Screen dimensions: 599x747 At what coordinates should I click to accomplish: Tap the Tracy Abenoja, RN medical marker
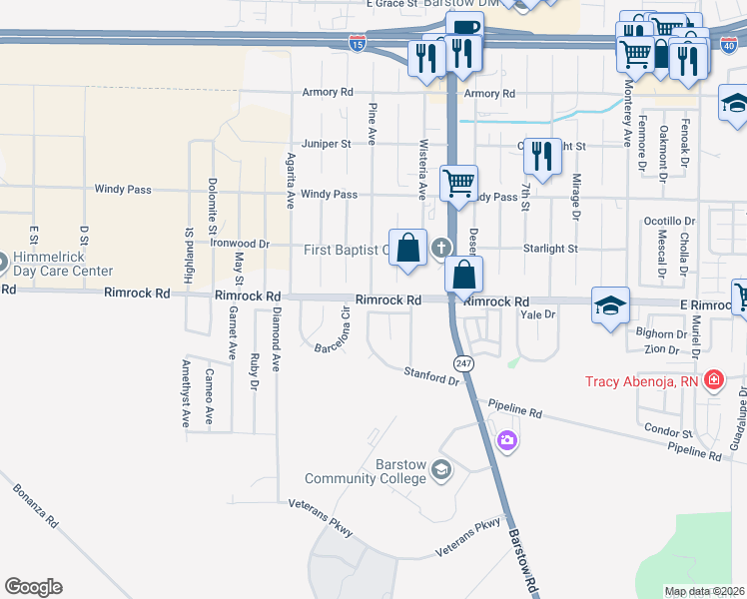pos(713,379)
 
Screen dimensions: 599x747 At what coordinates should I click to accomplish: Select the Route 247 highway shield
pos(461,363)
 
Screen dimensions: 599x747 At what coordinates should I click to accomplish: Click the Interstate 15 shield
pos(358,42)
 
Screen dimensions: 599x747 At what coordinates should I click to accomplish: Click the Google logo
pos(33,587)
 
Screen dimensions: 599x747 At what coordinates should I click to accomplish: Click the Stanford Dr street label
pos(430,374)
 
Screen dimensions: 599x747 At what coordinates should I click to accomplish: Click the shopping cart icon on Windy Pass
pos(458,183)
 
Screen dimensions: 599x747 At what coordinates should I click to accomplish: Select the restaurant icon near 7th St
pos(541,155)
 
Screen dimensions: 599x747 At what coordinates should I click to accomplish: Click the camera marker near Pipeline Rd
pos(507,439)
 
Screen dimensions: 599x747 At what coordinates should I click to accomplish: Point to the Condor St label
pos(668,433)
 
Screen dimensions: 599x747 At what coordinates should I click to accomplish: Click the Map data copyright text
pos(704,591)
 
